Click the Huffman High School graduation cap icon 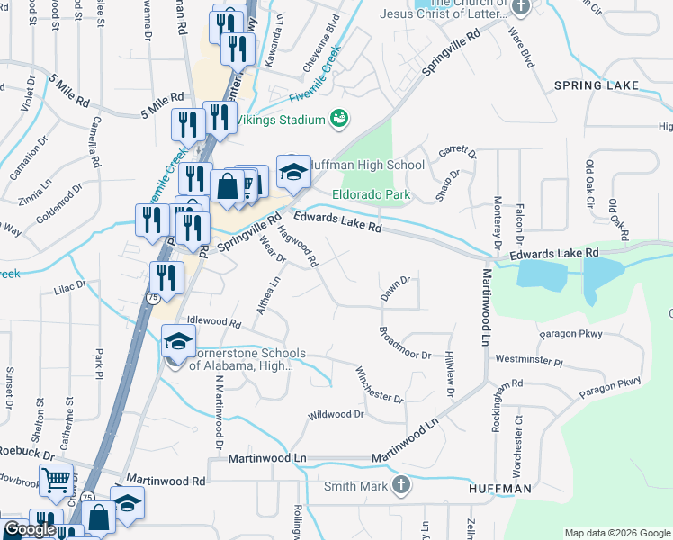point(292,171)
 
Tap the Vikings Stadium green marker point(339,118)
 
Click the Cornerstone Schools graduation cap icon point(178,341)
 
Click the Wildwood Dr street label point(336,415)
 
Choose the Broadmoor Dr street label point(404,343)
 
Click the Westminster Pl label point(528,359)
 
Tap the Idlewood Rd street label point(213,321)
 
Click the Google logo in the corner point(30,529)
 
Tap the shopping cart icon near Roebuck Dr point(56,481)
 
